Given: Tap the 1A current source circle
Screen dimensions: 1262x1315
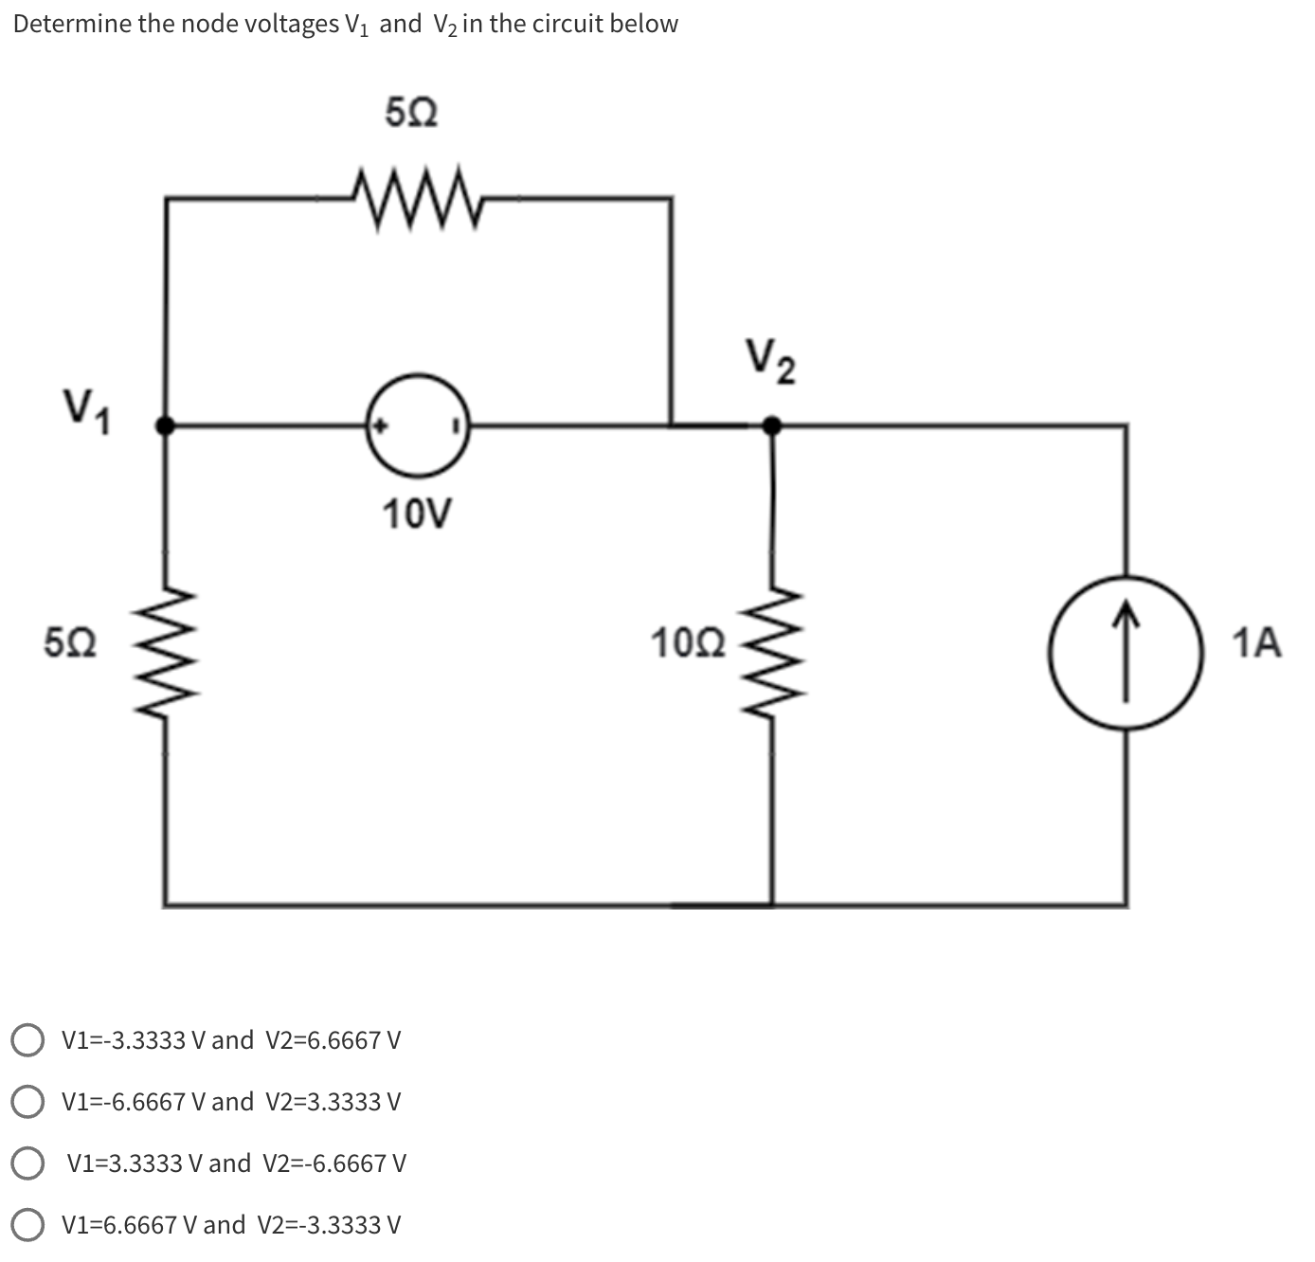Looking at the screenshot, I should coord(1126,652).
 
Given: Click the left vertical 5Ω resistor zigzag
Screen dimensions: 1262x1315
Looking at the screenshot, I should coord(167,654).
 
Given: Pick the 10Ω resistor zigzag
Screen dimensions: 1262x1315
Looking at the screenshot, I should coord(773,654).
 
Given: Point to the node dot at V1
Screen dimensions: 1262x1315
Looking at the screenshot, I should coord(166,425).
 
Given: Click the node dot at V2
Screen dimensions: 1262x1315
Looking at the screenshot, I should coord(772,425).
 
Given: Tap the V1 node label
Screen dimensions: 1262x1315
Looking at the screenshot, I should coord(86,410).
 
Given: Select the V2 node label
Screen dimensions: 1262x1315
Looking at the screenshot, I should coord(769,362).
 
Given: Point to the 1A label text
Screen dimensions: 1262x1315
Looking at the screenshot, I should coord(1257,643).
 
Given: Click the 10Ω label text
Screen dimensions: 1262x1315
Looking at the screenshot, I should coord(689,643).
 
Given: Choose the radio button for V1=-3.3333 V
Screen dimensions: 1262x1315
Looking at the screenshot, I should coord(28,1039).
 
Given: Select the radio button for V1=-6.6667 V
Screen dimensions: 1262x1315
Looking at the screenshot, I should coord(28,1101).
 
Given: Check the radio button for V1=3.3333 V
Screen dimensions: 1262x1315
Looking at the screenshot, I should coord(28,1163).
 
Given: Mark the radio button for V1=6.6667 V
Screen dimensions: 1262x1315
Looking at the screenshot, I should coord(28,1224).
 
